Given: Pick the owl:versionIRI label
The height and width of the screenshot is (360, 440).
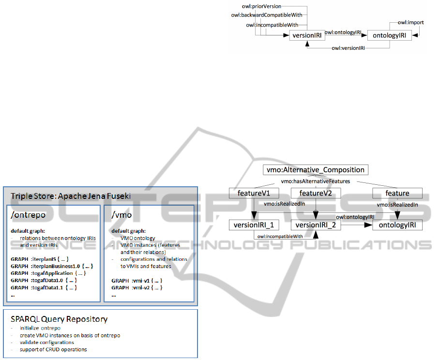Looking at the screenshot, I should point(348,48).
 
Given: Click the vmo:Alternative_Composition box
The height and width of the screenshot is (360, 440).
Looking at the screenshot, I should point(316,170).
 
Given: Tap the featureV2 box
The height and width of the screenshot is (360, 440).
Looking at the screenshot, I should point(316,193).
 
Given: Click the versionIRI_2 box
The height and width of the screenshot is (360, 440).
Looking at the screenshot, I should point(316,225).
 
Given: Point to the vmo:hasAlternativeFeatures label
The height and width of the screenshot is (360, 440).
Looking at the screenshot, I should point(315,181).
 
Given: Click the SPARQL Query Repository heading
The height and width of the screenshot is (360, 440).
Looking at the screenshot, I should point(59,319).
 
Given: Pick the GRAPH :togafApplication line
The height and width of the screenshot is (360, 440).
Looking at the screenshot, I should point(48,273).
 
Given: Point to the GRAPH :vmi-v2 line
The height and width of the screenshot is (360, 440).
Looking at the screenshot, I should point(137,287).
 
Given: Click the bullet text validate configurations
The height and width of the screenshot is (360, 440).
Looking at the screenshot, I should point(47,342).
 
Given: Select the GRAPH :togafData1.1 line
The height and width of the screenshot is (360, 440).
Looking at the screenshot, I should point(44,287).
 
